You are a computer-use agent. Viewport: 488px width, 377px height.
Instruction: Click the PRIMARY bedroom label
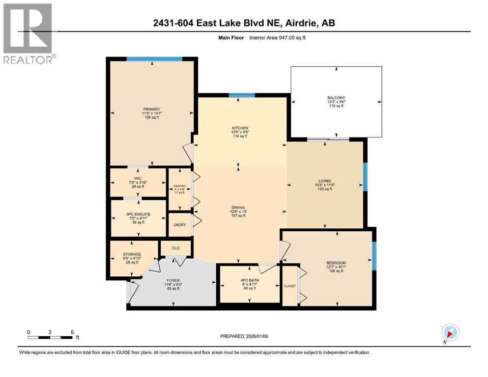click(x=152, y=109)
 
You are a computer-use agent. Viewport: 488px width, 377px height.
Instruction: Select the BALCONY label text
click(x=336, y=98)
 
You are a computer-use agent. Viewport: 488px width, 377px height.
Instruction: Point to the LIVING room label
click(x=324, y=180)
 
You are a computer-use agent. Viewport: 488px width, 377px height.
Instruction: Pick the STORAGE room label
click(x=132, y=254)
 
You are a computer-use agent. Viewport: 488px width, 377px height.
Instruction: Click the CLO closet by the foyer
click(x=175, y=248)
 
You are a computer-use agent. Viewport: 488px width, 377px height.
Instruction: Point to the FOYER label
click(x=172, y=281)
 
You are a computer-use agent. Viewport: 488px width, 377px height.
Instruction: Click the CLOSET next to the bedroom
click(x=290, y=286)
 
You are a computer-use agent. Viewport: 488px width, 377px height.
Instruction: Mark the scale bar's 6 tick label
click(x=73, y=331)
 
